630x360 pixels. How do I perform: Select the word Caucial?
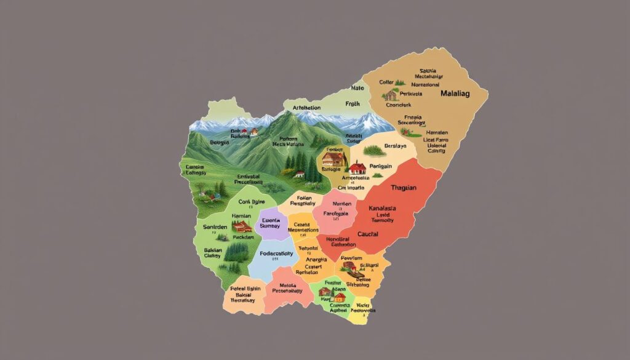coord(367,234)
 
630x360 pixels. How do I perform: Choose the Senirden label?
coord(215,227)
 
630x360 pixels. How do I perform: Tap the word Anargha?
coord(311,260)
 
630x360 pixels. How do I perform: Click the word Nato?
coord(357,88)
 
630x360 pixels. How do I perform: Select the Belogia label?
coord(220,142)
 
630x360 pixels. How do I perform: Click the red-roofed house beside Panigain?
coord(357,167)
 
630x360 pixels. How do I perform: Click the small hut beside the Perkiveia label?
coord(389,95)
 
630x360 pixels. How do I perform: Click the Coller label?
coord(386,82)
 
